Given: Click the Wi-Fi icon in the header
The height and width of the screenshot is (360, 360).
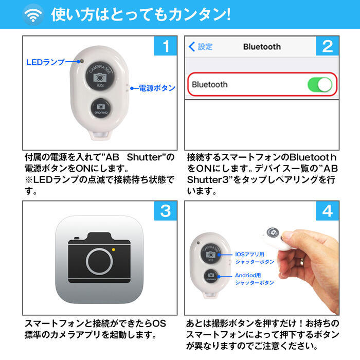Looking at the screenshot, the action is click(x=33, y=14).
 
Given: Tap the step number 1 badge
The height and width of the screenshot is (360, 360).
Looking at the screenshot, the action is click(x=166, y=46).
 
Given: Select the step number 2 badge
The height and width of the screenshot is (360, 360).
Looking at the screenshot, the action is click(x=328, y=46).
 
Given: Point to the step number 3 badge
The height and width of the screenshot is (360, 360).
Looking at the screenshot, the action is click(x=166, y=211).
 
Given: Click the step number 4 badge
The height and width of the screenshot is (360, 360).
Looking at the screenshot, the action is click(x=328, y=211).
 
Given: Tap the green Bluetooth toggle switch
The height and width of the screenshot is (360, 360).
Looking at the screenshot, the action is click(x=320, y=84).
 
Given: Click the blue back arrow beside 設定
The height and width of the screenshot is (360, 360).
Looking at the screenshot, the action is click(x=192, y=47).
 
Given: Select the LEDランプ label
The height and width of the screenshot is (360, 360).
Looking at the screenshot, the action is click(x=45, y=62).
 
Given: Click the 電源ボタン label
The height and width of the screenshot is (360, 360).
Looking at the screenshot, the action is click(x=157, y=88).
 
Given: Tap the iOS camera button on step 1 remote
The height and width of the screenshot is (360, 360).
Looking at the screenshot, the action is click(x=100, y=76).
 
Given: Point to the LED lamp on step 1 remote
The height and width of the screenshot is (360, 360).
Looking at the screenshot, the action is click(x=81, y=61).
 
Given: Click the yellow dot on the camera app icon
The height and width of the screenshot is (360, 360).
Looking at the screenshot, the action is click(x=113, y=249).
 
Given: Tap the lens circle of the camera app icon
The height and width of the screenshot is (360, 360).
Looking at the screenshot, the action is click(x=99, y=261).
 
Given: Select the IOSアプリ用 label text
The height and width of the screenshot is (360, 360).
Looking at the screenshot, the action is click(x=249, y=254).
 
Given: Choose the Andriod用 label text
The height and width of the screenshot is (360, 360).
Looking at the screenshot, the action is click(x=248, y=275).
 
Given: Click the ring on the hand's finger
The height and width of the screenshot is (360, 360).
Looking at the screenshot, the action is click(x=302, y=261).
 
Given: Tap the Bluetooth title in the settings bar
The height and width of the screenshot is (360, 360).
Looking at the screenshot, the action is click(x=262, y=47).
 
